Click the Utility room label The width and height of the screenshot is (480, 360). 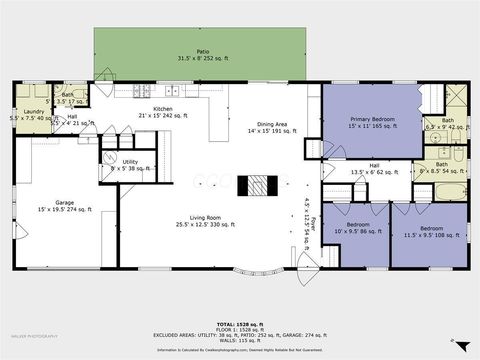pyautogui.click(x=130, y=164)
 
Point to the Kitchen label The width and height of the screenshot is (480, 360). pyautogui.click(x=163, y=112)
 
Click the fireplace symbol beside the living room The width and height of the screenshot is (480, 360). pyautogui.click(x=258, y=187)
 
